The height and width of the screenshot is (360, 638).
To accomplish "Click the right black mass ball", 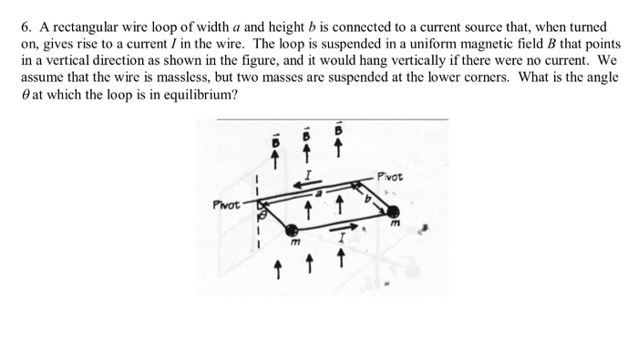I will [392, 211].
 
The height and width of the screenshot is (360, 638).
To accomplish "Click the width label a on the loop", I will [319, 194].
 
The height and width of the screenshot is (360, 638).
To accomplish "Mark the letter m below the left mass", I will [293, 245].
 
